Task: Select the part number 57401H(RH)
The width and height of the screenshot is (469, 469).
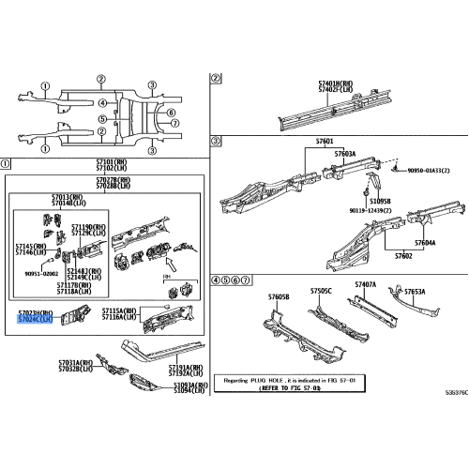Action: [x=332, y=83]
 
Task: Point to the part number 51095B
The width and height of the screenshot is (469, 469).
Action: [x=380, y=201]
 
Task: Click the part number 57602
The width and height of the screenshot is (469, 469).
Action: [x=402, y=256]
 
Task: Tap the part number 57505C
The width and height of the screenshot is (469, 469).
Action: [x=321, y=291]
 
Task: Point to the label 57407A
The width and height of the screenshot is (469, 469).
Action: [x=365, y=283]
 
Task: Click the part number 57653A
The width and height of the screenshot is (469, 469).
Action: [x=414, y=291]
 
